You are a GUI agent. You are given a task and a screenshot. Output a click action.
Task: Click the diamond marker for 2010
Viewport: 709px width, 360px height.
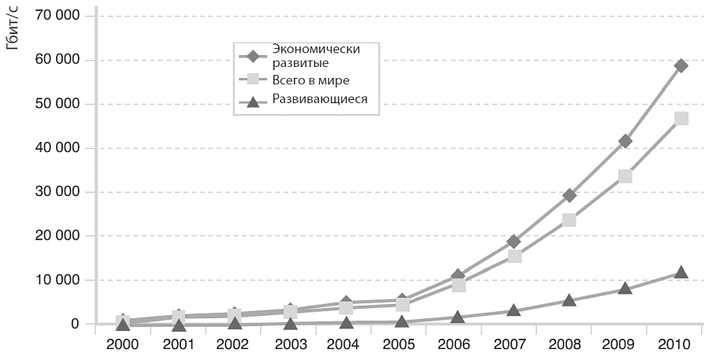pyautogui.click(x=681, y=65)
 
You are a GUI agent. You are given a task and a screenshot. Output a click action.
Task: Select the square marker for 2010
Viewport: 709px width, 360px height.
pyautogui.click(x=681, y=118)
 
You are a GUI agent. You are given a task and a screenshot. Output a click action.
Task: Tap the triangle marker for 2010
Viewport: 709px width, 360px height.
pyautogui.click(x=681, y=272)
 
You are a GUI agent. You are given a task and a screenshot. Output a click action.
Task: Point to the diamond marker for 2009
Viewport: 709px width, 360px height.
pyautogui.click(x=625, y=141)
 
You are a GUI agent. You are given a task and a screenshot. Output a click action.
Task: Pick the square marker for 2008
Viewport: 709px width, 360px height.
pyautogui.click(x=570, y=221)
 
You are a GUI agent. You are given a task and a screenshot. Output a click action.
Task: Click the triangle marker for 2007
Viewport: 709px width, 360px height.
pyautogui.click(x=514, y=310)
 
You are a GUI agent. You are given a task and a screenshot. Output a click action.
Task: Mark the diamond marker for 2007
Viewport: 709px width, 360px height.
pyautogui.click(x=514, y=242)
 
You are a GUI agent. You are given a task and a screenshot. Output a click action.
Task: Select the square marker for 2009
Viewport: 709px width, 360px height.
pyautogui.click(x=625, y=176)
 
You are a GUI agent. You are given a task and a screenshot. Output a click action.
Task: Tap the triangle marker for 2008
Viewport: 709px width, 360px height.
pyautogui.click(x=570, y=300)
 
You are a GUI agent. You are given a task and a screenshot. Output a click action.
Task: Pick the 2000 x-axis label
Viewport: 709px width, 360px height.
pyautogui.click(x=121, y=344)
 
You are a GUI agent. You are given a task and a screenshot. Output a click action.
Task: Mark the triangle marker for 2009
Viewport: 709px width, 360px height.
pyautogui.click(x=625, y=288)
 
